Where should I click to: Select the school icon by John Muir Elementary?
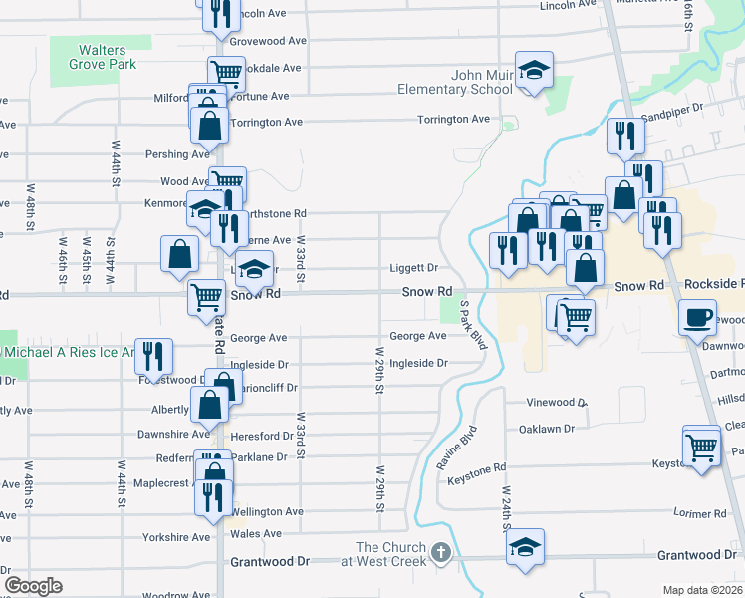coord(534,71)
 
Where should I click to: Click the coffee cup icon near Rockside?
coord(697,317)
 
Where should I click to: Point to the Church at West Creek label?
coord(393,554)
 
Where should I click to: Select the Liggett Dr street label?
coord(413,268)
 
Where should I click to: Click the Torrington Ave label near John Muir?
coord(453,119)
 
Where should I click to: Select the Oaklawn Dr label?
coord(547,429)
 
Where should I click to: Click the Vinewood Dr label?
coord(555,403)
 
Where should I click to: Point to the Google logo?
coord(33,586)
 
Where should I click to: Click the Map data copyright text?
coord(702,590)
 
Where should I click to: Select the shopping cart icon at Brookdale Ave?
coord(226,72)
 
